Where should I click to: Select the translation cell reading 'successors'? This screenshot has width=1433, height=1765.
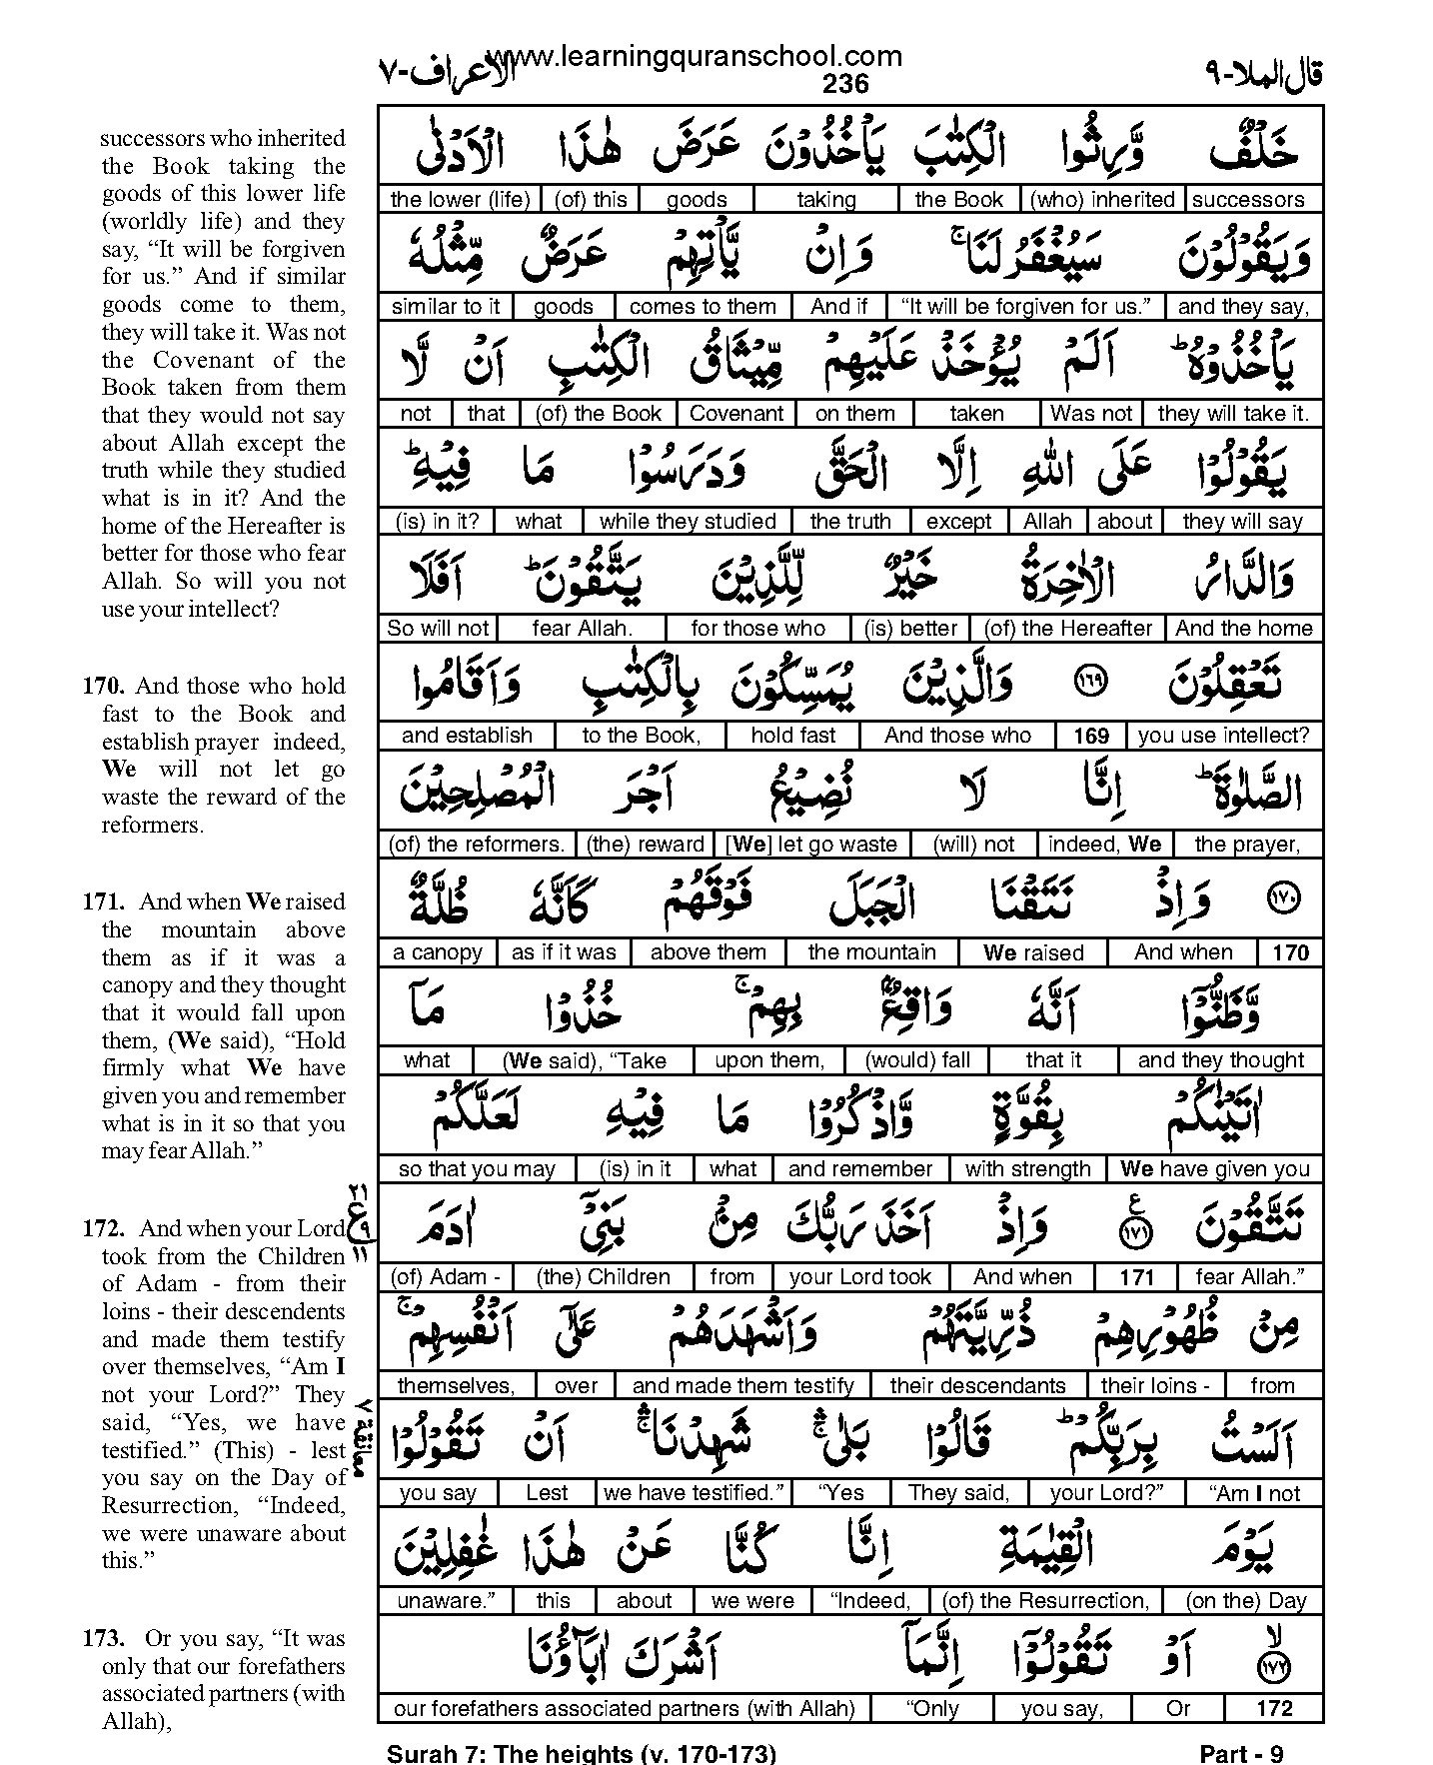pos(1248,199)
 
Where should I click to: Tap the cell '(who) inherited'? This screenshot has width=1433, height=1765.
pos(1102,199)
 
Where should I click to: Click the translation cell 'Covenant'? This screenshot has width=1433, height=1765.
pos(737,414)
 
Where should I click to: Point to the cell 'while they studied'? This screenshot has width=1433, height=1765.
pos(688,521)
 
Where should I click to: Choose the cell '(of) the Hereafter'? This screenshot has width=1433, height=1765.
pos(1068,629)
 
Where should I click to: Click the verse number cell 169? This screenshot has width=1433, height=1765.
pos(1091,737)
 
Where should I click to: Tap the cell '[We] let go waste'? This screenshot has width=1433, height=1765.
pos(810,845)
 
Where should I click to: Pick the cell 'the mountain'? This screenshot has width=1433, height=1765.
pos(871,952)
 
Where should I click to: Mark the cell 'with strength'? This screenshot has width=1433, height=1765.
pos(1027,1169)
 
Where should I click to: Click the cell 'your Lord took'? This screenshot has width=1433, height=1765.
pos(859,1277)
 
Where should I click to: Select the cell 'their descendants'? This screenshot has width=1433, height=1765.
pos(977,1385)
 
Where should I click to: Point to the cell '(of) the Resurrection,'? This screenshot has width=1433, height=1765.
pos(1045,1601)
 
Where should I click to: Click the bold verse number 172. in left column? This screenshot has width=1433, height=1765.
pos(104,1229)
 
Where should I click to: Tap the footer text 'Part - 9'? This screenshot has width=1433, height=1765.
pos(1241,1754)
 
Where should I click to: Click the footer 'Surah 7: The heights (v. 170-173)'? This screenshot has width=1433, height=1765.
pos(581,1754)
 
